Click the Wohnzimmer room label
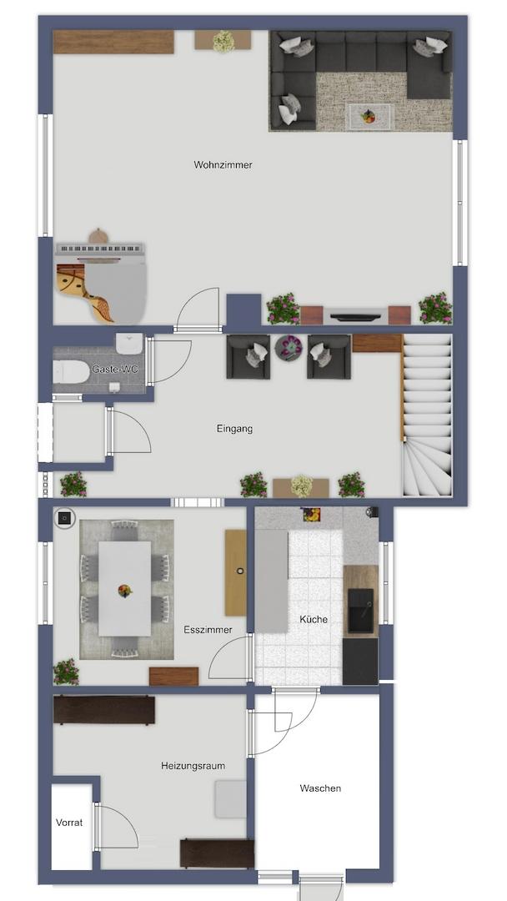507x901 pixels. (223, 165)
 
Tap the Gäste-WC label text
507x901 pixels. (115, 369)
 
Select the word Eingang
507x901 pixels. (234, 429)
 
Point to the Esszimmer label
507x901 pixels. (208, 630)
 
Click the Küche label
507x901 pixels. (314, 619)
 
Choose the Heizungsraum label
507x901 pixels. (193, 766)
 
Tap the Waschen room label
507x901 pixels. (320, 788)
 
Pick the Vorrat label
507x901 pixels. (69, 823)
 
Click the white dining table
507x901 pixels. (124, 588)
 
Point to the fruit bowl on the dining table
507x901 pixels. (124, 591)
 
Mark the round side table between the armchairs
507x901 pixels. (289, 348)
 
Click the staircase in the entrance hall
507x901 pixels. (427, 415)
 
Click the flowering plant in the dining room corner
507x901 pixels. (66, 672)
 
